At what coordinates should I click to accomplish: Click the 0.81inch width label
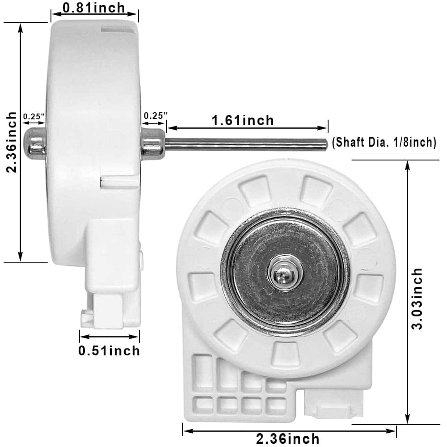pos(93,8)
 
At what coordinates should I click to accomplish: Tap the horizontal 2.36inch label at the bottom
pos(288,439)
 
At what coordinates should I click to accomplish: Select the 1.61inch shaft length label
pos(243,120)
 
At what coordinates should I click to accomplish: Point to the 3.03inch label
pos(417,298)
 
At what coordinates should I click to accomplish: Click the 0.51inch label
pos(109,350)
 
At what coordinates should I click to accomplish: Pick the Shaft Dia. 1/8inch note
pos(384,142)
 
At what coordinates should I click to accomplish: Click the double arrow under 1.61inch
pos(247,128)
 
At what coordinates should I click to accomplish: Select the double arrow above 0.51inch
pos(110,337)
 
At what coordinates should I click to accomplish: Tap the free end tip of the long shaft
pos(327,143)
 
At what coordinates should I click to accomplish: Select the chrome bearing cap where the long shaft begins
pos(153,143)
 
